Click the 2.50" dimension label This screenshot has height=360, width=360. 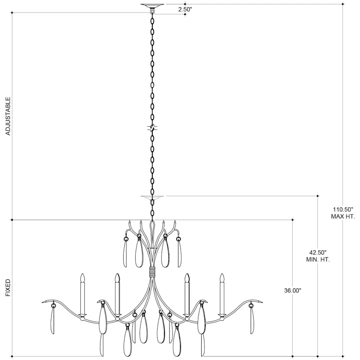coord(185,10)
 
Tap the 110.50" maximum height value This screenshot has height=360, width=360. coord(343,209)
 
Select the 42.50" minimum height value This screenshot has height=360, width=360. coord(318,252)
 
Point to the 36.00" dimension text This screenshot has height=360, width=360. coord(292,290)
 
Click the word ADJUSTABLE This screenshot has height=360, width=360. coord(8,116)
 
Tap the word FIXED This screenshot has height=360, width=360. coord(8,288)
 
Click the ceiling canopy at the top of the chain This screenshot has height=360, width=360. coord(152,6)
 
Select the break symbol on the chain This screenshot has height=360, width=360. coord(152,128)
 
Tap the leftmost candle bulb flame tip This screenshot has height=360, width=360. coord(82,274)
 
